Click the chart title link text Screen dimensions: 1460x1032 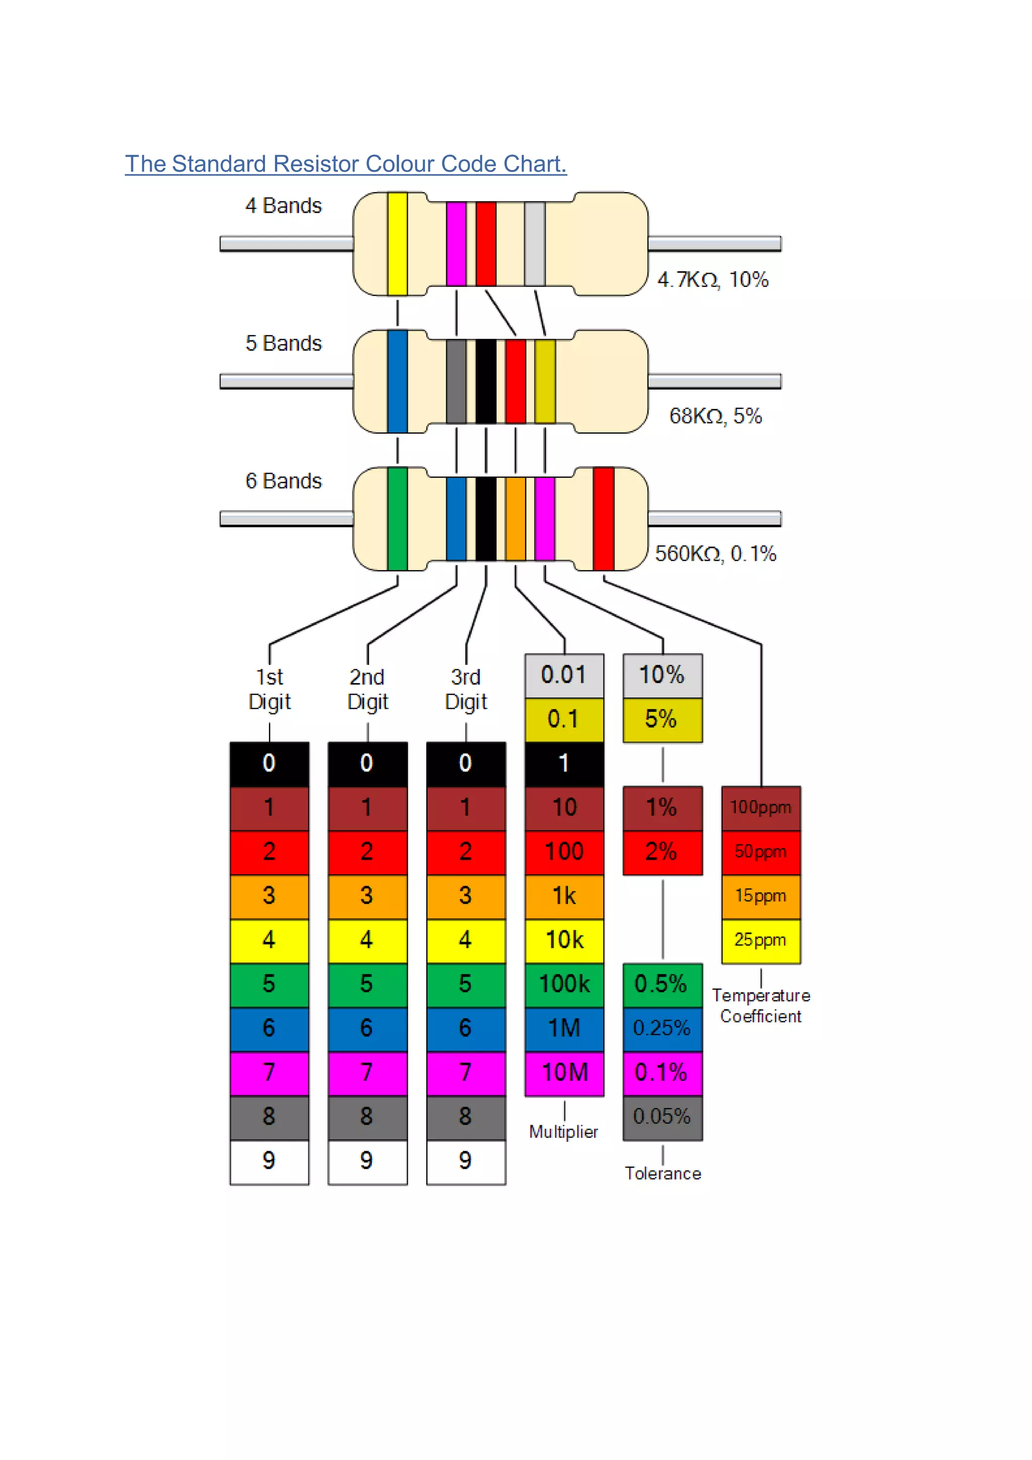[x=345, y=164]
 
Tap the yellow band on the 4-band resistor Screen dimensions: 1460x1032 [x=397, y=244]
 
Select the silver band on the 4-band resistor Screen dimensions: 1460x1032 [x=535, y=244]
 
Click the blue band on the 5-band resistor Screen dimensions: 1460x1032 [x=397, y=381]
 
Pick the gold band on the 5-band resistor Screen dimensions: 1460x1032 [x=545, y=381]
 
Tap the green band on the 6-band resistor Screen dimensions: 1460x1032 [x=397, y=518]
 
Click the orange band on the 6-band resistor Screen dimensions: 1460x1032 [x=515, y=518]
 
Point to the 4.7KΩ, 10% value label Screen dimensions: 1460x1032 [x=713, y=280]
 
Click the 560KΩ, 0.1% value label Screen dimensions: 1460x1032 [x=716, y=554]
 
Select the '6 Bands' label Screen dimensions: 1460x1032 [x=283, y=481]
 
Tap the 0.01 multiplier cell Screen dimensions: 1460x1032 [x=564, y=676]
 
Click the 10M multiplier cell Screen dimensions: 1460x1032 [x=564, y=1073]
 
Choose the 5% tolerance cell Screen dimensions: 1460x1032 [x=662, y=720]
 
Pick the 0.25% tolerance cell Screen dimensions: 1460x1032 [x=662, y=1028]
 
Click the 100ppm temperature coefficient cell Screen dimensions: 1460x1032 [x=761, y=808]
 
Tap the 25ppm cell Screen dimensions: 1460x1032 [x=761, y=940]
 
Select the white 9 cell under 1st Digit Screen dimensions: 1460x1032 [x=270, y=1161]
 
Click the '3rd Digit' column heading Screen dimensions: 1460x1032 [x=466, y=689]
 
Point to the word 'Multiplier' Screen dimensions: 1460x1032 [x=564, y=1132]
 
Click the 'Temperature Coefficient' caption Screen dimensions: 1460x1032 [x=761, y=1005]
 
